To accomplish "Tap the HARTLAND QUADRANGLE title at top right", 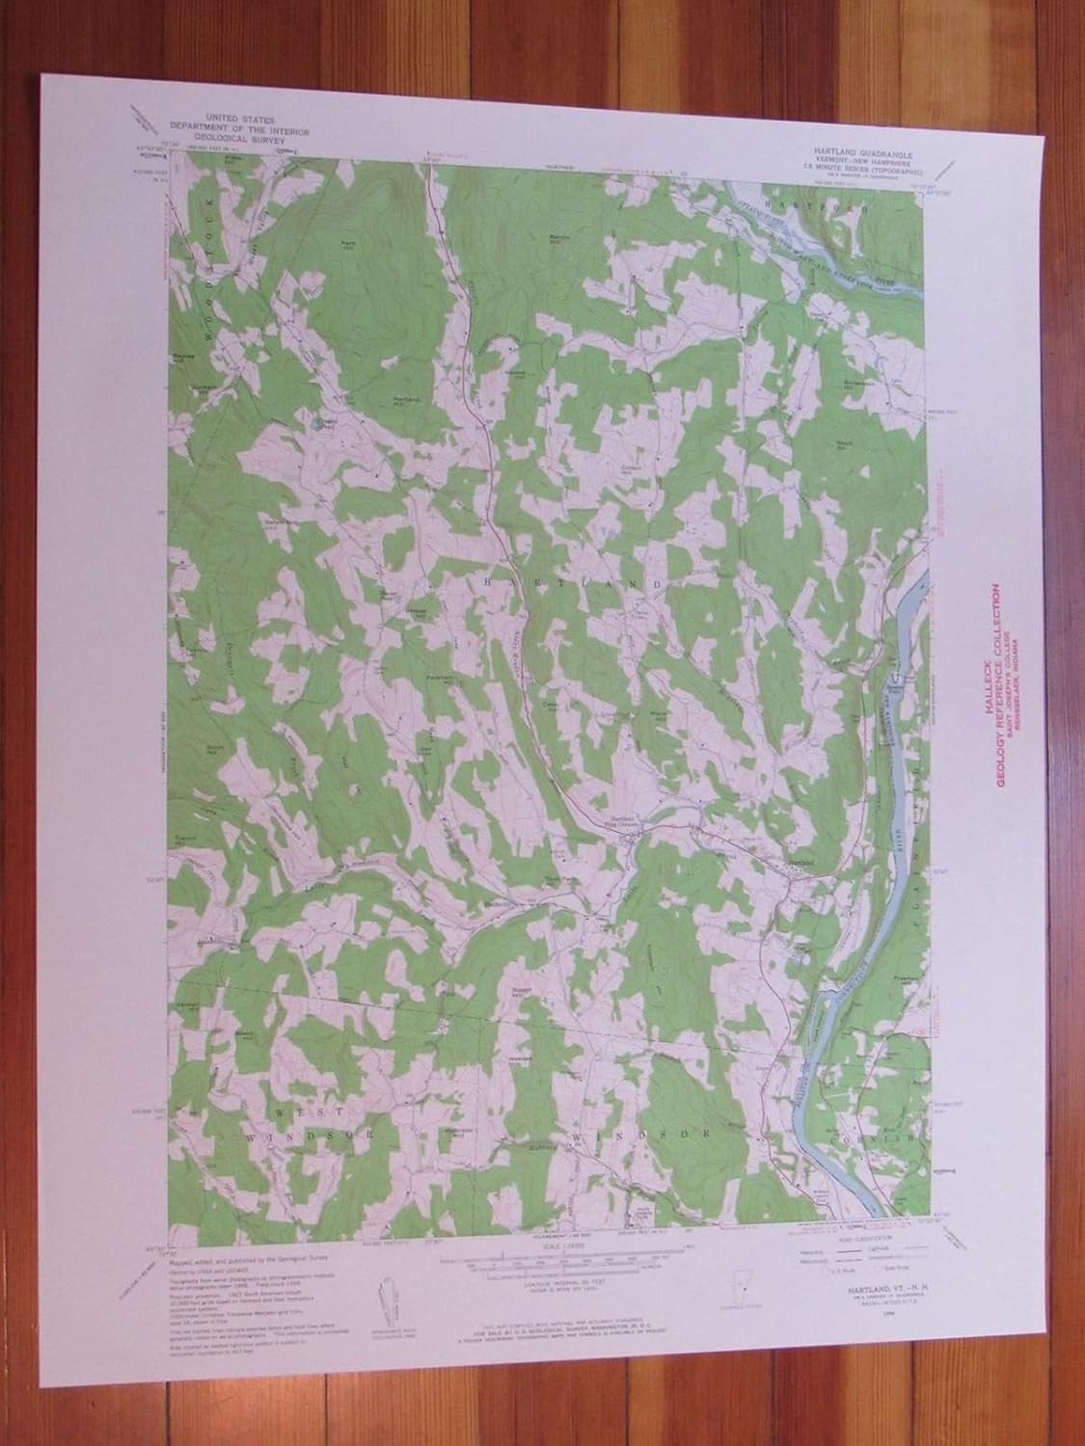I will [832, 151].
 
